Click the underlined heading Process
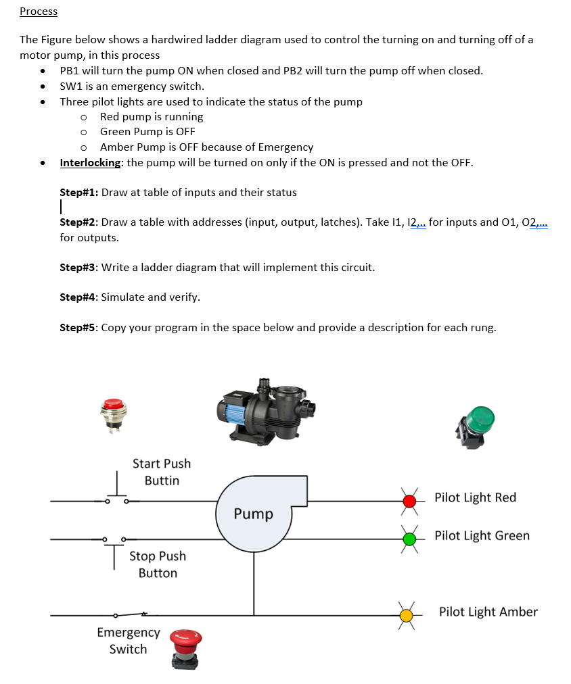click(x=39, y=11)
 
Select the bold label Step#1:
click(x=79, y=192)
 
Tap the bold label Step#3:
click(x=79, y=267)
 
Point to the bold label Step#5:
click(x=79, y=328)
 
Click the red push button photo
click(x=113, y=412)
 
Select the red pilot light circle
click(x=409, y=501)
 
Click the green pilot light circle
click(x=409, y=539)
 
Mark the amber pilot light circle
click(x=407, y=615)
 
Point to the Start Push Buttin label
click(x=162, y=472)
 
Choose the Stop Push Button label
click(x=158, y=564)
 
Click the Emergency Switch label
click(x=129, y=640)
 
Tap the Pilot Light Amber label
click(x=488, y=612)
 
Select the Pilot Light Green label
click(x=482, y=535)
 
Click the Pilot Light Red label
click(x=475, y=497)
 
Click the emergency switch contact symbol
click(x=131, y=615)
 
